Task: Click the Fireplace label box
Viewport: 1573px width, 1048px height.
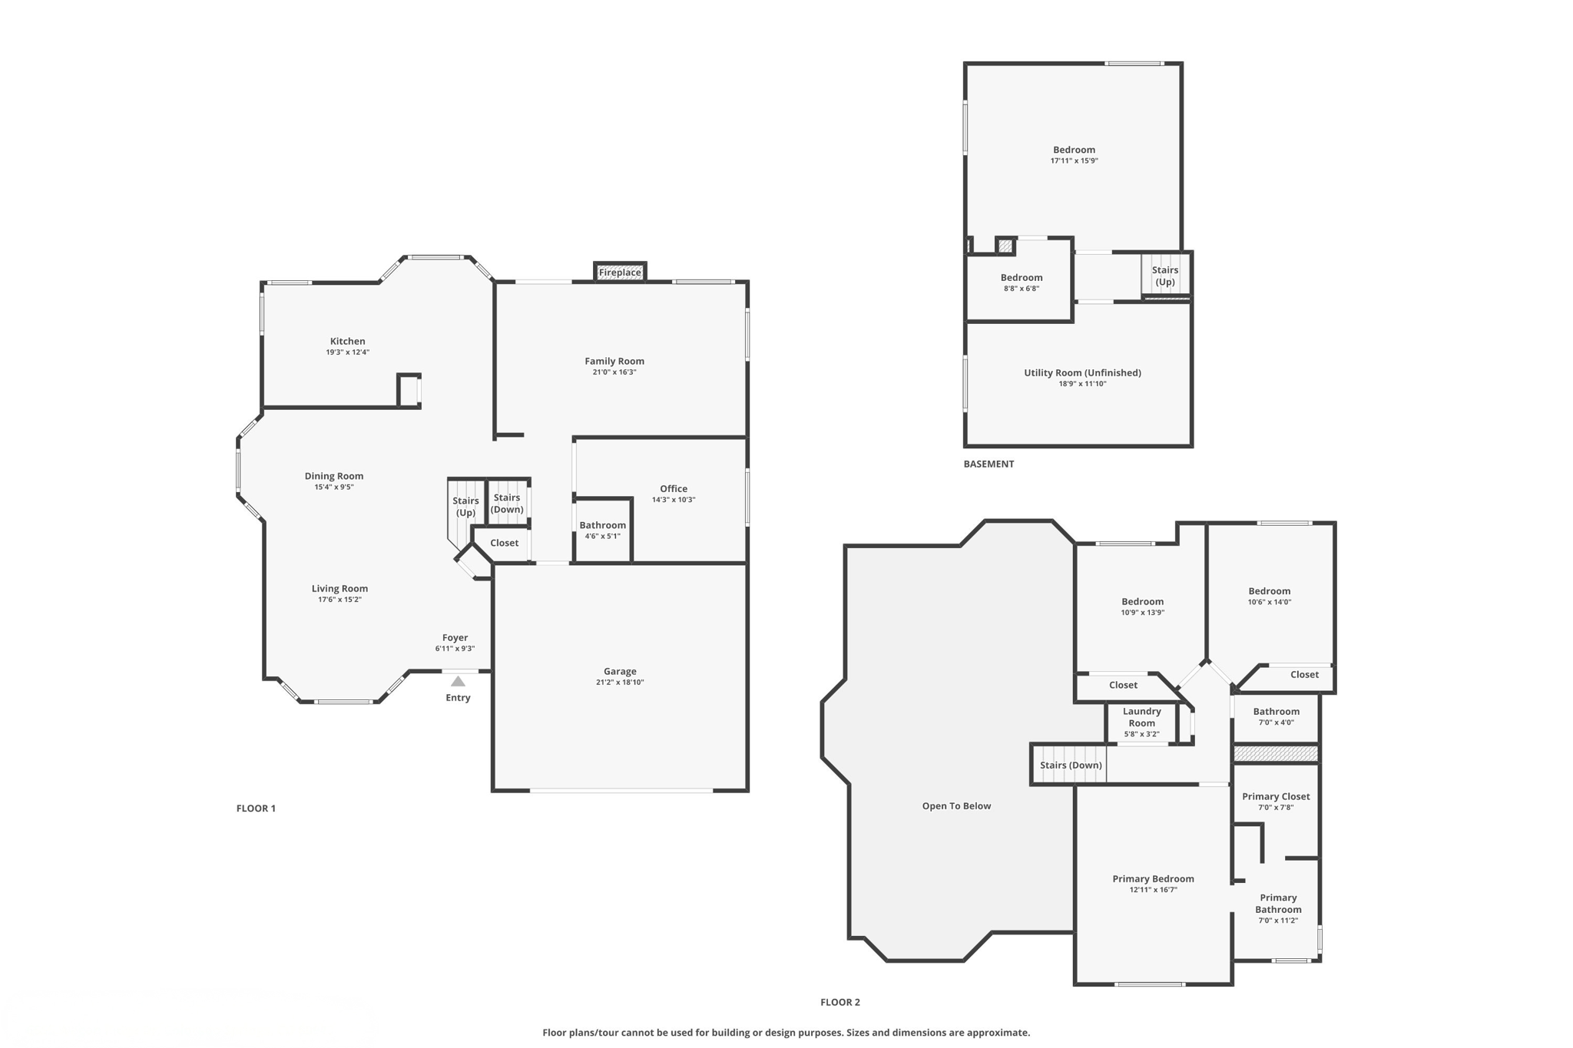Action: (619, 273)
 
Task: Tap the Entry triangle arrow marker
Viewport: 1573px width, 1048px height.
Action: (458, 681)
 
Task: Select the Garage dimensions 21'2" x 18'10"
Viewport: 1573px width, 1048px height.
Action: (620, 683)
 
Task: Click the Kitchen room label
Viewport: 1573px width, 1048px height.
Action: (347, 342)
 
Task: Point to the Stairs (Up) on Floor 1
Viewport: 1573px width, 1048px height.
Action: (465, 507)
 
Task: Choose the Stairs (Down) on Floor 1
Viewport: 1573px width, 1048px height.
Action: (507, 504)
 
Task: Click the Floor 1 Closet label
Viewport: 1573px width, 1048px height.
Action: (504, 543)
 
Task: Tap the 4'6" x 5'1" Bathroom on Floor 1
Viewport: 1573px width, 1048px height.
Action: (602, 531)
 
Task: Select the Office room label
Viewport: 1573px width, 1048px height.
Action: (674, 489)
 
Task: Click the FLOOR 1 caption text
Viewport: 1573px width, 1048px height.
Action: (256, 808)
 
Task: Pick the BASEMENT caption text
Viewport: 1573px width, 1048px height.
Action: (989, 464)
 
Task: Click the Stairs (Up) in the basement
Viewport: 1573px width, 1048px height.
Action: (1164, 276)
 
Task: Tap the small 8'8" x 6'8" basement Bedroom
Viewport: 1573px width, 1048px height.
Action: (1021, 283)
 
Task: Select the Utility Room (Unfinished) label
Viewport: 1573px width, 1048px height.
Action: (1081, 373)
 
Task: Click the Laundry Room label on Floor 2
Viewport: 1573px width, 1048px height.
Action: (1141, 717)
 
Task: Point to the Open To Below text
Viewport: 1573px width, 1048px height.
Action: (956, 806)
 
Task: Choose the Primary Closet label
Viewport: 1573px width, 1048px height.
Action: (1276, 797)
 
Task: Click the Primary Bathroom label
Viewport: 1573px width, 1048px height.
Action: (1278, 904)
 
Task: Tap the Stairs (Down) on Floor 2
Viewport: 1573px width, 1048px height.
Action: (1070, 765)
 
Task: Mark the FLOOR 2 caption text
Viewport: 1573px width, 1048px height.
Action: (839, 1002)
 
